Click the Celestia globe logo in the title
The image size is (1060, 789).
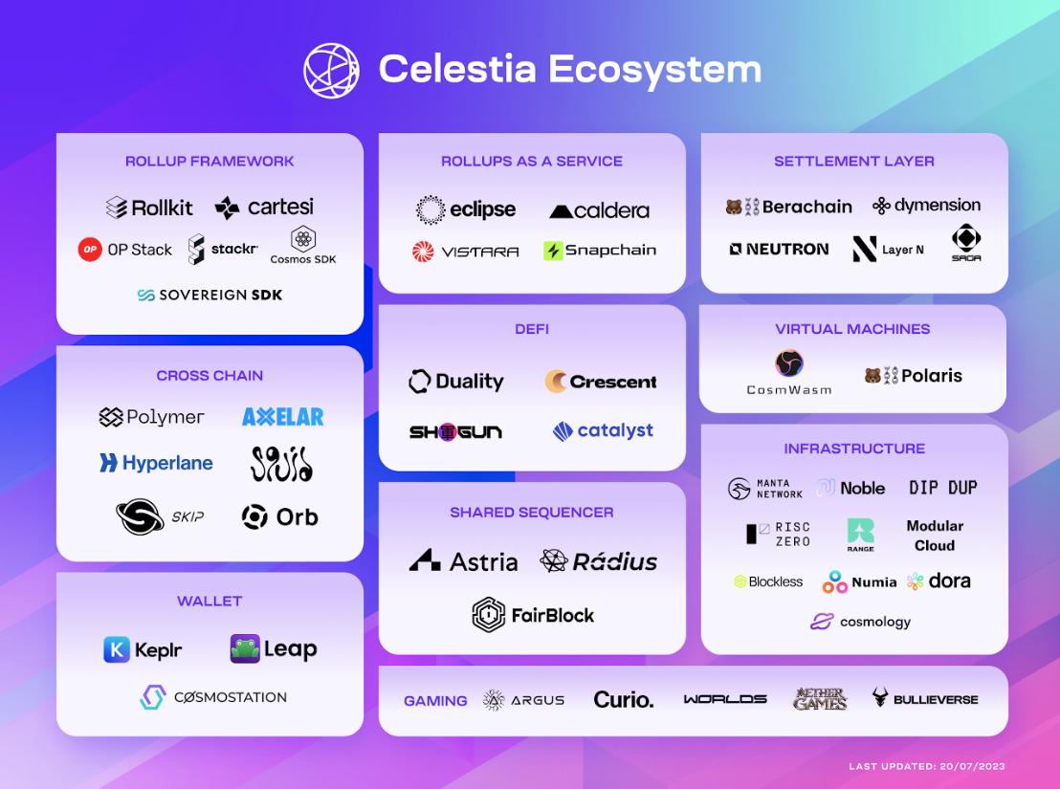[331, 70]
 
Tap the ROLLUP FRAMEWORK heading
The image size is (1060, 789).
[210, 162]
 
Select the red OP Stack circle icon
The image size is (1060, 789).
[90, 250]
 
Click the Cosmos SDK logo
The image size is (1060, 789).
[303, 245]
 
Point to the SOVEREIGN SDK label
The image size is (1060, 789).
[210, 296]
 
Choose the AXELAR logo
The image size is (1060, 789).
[282, 417]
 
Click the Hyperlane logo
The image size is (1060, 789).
[156, 463]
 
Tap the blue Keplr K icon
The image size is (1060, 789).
[117, 650]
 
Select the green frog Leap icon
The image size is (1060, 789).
[245, 648]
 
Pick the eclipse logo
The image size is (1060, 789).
[466, 209]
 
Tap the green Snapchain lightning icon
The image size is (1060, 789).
[553, 251]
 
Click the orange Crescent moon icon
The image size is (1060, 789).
[556, 382]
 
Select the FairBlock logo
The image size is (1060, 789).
[533, 615]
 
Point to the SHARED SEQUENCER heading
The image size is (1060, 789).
[532, 513]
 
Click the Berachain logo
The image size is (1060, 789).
[788, 207]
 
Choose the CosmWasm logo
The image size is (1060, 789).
[789, 371]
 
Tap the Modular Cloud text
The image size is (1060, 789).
[935, 536]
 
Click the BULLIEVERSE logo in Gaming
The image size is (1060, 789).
[924, 699]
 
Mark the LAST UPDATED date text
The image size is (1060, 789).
[927, 766]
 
